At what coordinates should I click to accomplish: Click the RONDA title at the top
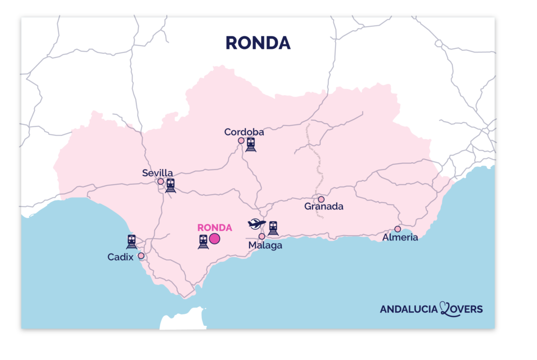[x=257, y=43]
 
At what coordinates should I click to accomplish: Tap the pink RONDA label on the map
[x=214, y=228]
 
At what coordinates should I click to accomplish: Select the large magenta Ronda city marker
[x=214, y=239]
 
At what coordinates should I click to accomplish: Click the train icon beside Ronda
[x=203, y=241]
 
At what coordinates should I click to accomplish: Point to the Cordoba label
[x=244, y=132]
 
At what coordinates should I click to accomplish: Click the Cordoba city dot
[x=241, y=141]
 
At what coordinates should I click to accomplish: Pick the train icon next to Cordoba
[x=251, y=144]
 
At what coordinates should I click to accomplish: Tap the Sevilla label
[x=157, y=173]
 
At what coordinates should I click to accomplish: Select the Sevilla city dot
[x=160, y=182]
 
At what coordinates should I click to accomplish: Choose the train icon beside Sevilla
[x=170, y=185]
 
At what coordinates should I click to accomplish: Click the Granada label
[x=324, y=207]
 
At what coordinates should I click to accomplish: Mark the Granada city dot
[x=321, y=199]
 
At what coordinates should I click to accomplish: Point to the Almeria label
[x=400, y=237]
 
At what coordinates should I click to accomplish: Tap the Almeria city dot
[x=398, y=229]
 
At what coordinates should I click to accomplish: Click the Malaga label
[x=265, y=245]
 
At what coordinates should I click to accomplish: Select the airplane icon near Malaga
[x=256, y=224]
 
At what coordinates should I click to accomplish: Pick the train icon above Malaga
[x=273, y=228]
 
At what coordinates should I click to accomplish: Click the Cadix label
[x=121, y=257]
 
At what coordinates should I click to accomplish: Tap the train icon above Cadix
[x=132, y=241]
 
